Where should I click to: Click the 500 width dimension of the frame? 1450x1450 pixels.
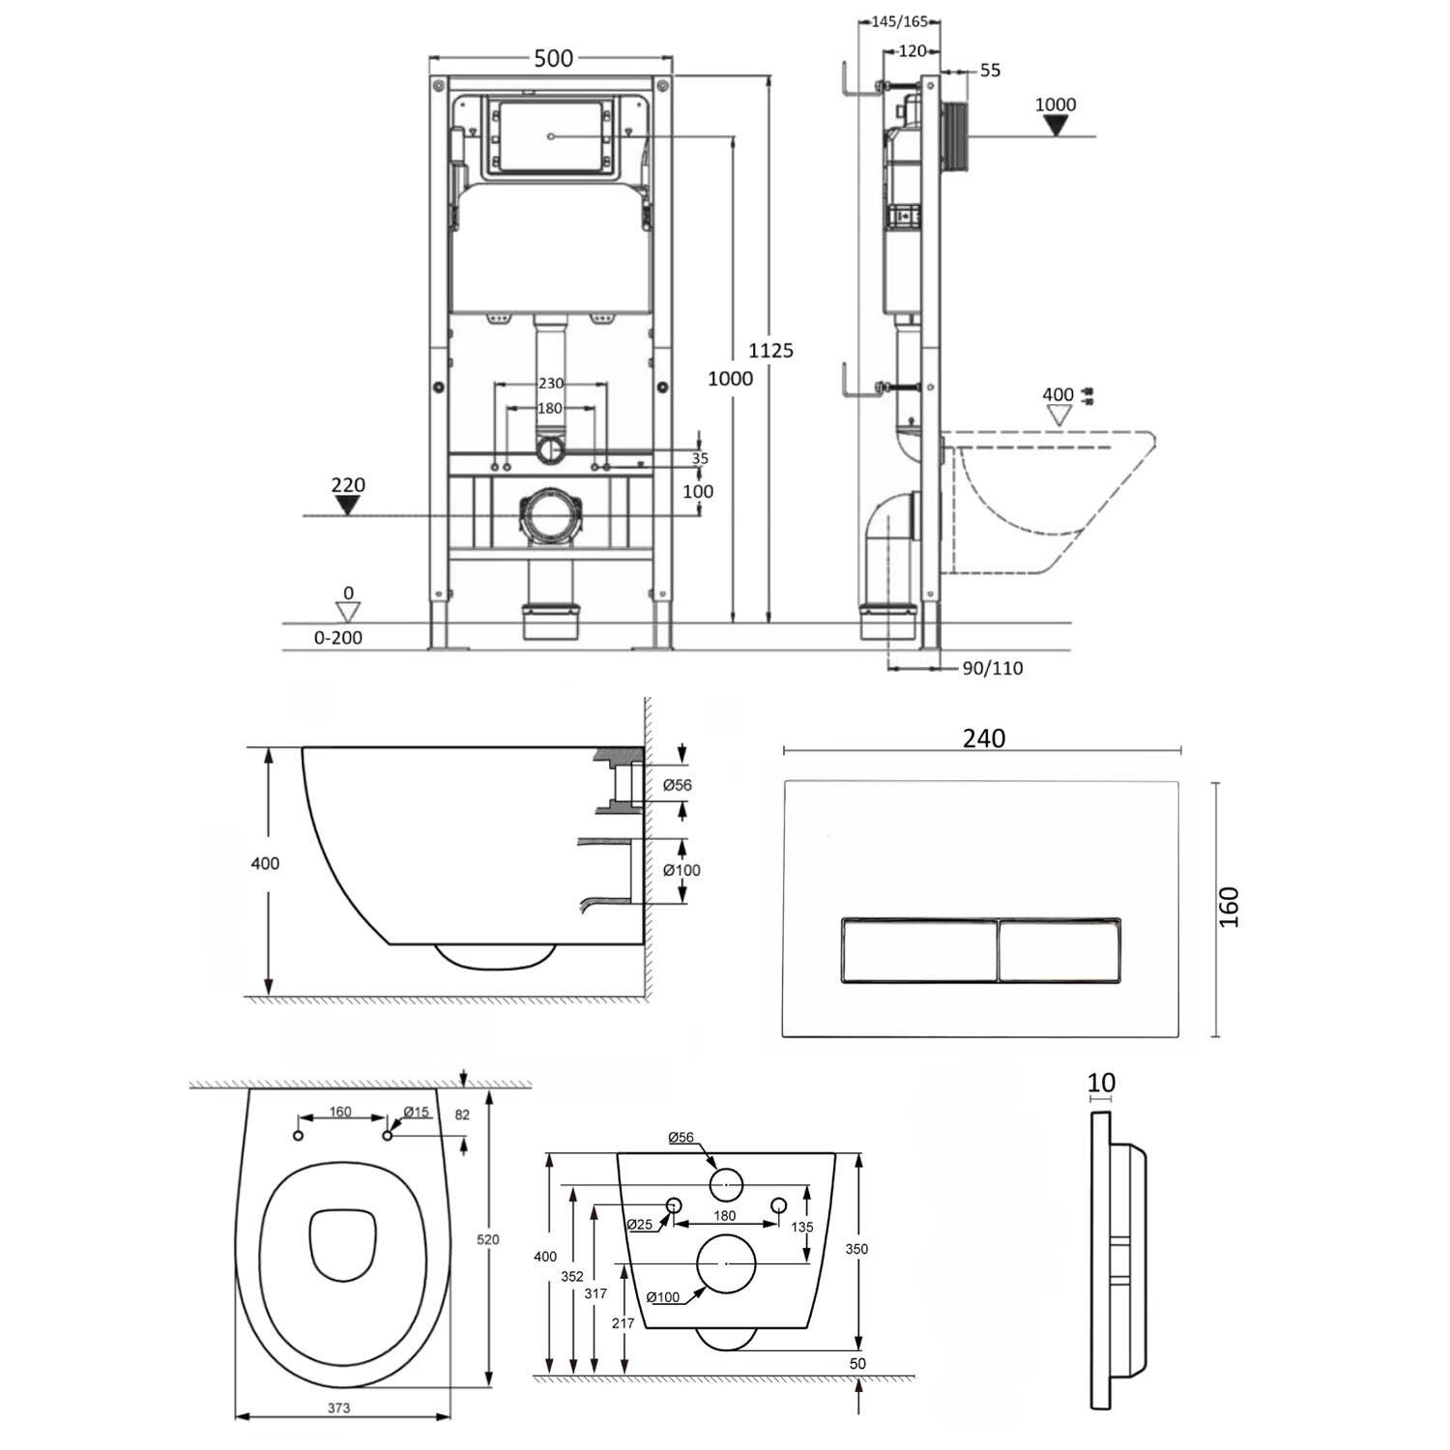tap(554, 58)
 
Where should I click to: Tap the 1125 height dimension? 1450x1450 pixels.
tap(770, 350)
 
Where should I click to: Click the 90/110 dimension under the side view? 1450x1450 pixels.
tap(993, 668)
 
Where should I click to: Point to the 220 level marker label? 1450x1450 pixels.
tap(348, 485)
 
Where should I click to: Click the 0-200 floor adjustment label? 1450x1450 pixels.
tap(338, 637)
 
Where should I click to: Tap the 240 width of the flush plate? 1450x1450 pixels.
tap(984, 738)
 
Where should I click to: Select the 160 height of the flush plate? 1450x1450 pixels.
tap(1229, 908)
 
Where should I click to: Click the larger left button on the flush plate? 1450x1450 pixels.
tap(918, 948)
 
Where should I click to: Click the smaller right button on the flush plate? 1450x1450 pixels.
tap(1059, 948)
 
